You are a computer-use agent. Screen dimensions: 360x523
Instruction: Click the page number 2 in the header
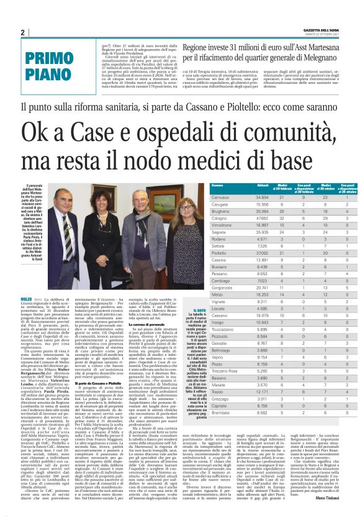pyautogui.click(x=23, y=32)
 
